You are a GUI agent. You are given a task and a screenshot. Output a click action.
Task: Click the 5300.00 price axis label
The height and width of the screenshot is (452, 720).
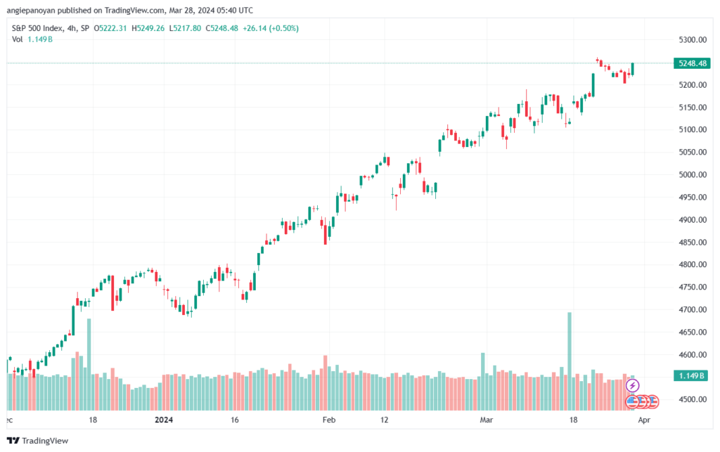[x=693, y=40]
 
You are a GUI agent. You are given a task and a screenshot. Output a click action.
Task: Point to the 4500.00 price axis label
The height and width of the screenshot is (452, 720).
[x=693, y=399]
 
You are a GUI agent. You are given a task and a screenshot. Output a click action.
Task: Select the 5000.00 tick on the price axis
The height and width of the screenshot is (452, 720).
[x=693, y=174]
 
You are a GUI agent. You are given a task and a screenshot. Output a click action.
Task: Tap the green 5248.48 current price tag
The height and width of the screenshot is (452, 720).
[x=692, y=63]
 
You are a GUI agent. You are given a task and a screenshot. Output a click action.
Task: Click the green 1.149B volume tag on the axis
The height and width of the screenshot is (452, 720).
[x=692, y=376]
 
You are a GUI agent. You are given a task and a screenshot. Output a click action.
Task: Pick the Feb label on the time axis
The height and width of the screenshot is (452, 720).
[x=329, y=420]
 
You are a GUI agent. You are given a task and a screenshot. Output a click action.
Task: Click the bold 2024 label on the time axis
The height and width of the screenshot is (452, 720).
[x=164, y=420]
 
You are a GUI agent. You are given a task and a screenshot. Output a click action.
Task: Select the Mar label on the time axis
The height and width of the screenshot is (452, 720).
[x=487, y=420]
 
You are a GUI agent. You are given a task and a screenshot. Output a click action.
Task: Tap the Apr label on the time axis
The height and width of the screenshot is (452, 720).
[x=644, y=420]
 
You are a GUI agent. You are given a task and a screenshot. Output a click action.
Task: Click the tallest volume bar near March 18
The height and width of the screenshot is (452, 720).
[x=570, y=361]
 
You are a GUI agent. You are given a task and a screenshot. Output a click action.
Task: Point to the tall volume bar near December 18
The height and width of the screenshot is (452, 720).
[x=89, y=364]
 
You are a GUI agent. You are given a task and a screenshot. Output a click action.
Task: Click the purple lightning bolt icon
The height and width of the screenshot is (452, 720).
[x=633, y=385]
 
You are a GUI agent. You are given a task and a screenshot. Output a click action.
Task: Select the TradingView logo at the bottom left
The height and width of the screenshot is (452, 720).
[x=38, y=441]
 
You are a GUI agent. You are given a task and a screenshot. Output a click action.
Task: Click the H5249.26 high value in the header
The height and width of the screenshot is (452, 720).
[x=148, y=28]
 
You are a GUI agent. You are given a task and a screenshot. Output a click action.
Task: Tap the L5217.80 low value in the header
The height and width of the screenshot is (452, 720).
[x=185, y=28]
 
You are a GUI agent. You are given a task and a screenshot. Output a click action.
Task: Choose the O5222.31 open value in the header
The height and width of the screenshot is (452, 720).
[x=110, y=28]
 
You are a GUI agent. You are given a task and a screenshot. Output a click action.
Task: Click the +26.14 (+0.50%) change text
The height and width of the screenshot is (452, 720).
[x=271, y=28]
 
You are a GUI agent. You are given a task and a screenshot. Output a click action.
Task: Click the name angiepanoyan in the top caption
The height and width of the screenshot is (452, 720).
[x=31, y=11]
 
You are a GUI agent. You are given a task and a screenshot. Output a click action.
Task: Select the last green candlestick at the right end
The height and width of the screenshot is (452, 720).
[x=633, y=69]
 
